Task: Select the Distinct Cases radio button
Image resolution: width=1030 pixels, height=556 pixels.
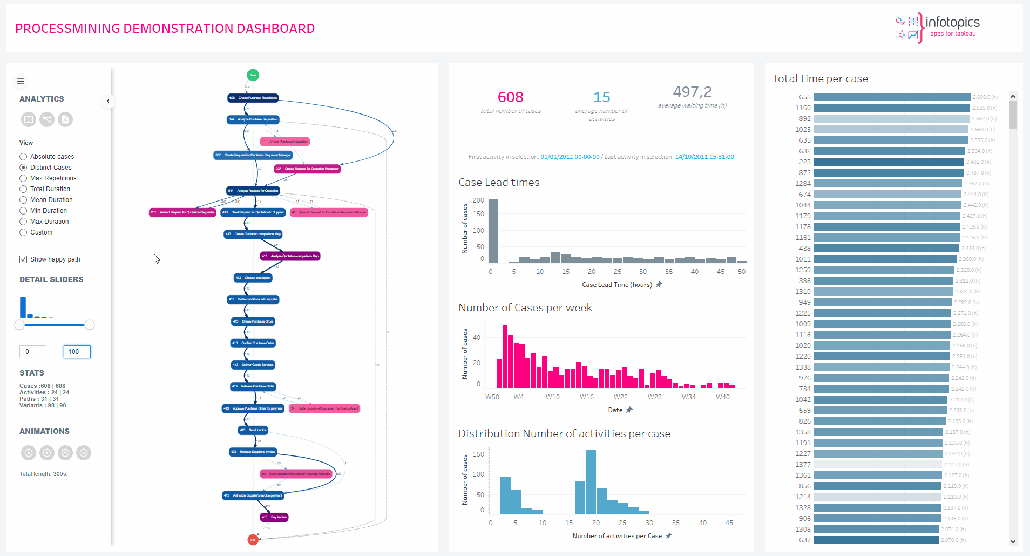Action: pos(23,168)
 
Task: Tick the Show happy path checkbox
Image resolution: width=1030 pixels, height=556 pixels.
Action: pos(23,259)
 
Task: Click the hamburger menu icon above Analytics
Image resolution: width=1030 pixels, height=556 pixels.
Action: pos(21,81)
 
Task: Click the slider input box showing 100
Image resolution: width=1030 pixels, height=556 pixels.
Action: pos(77,352)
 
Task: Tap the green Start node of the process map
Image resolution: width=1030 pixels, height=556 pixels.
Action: pos(253,75)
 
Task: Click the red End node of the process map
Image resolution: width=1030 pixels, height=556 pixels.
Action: pos(253,539)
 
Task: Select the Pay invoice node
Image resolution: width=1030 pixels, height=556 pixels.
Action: pos(274,517)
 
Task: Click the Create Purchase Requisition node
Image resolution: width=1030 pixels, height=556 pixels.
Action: pos(253,98)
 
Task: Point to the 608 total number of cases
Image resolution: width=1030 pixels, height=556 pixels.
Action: pos(510,97)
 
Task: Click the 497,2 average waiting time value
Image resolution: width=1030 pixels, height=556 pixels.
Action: pos(692,92)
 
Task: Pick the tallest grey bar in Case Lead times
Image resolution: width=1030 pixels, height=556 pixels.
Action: pos(493,231)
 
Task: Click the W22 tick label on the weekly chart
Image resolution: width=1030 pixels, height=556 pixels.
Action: pos(620,397)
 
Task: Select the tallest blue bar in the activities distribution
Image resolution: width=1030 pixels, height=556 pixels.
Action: pos(591,482)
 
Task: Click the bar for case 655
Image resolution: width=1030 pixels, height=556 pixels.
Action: pos(892,97)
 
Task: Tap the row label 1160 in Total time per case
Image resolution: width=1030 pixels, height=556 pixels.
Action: pos(803,108)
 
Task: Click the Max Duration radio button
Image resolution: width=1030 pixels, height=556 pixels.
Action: pos(23,222)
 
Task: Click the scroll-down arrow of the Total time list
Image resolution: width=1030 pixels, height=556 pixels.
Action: pos(1013,541)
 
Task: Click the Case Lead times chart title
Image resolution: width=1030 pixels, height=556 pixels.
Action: pos(499,183)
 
